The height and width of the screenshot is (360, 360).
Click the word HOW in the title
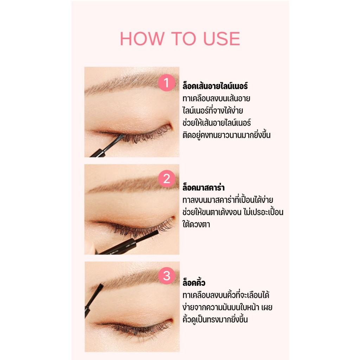pos(142,39)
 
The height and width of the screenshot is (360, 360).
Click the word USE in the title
pos(222,39)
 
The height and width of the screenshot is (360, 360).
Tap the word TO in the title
pos(184,39)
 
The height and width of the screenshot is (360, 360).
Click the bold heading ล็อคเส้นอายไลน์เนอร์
pos(215,86)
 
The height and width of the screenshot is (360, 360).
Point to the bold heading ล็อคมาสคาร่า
pos(204,187)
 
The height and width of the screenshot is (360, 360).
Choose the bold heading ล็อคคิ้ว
pos(194,282)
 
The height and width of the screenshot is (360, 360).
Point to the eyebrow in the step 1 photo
pos(131,83)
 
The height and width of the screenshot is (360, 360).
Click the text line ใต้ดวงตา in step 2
pos(196,224)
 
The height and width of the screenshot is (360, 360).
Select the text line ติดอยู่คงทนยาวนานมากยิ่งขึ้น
pos(227,135)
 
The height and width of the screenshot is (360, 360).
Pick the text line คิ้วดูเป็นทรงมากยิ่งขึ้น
pos(215,319)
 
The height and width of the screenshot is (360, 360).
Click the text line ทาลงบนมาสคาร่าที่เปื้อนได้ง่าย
pos(228,200)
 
